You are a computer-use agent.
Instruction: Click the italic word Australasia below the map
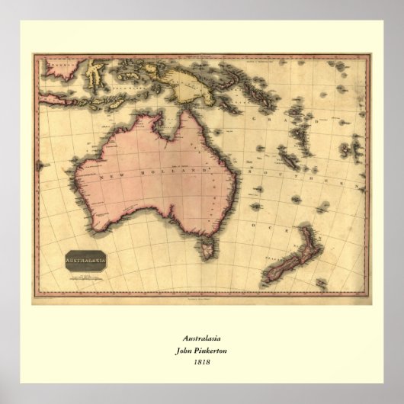click(201, 338)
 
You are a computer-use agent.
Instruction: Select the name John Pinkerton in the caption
click(201, 350)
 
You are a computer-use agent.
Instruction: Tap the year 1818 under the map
click(201, 361)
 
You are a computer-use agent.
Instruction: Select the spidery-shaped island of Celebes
click(95, 74)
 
